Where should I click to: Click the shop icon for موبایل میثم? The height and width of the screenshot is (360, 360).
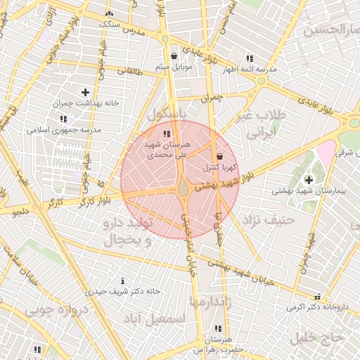[x=174, y=56]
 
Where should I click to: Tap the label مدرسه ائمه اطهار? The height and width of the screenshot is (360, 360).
[x=250, y=70]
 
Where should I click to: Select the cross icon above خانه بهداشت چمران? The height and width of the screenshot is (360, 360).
[x=86, y=92]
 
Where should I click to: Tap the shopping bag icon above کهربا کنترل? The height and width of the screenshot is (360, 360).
[x=221, y=156]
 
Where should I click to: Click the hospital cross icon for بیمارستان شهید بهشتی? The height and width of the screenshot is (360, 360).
[x=309, y=180]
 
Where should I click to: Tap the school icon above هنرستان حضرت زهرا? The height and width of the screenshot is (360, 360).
[x=217, y=328]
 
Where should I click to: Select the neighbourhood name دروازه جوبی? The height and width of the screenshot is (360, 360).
[x=56, y=309]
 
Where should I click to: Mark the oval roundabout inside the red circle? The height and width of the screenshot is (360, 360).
[x=183, y=188]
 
